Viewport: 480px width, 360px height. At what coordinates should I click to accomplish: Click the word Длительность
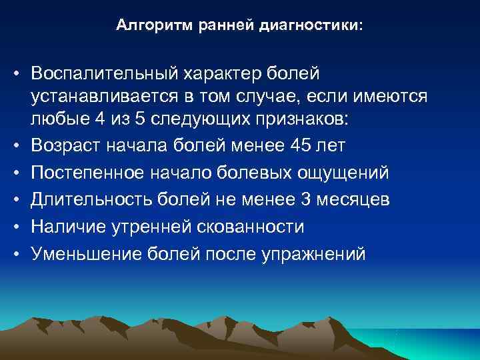pos(90,201)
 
